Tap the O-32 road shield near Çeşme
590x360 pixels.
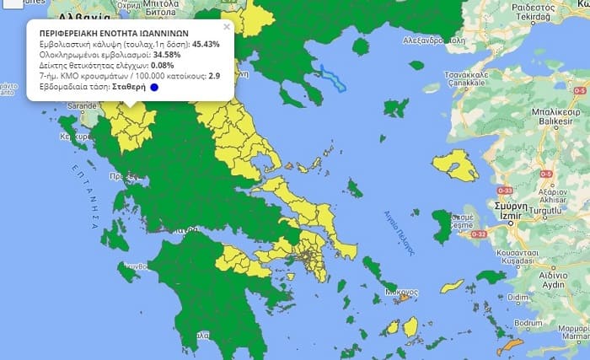coord(479,234)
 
